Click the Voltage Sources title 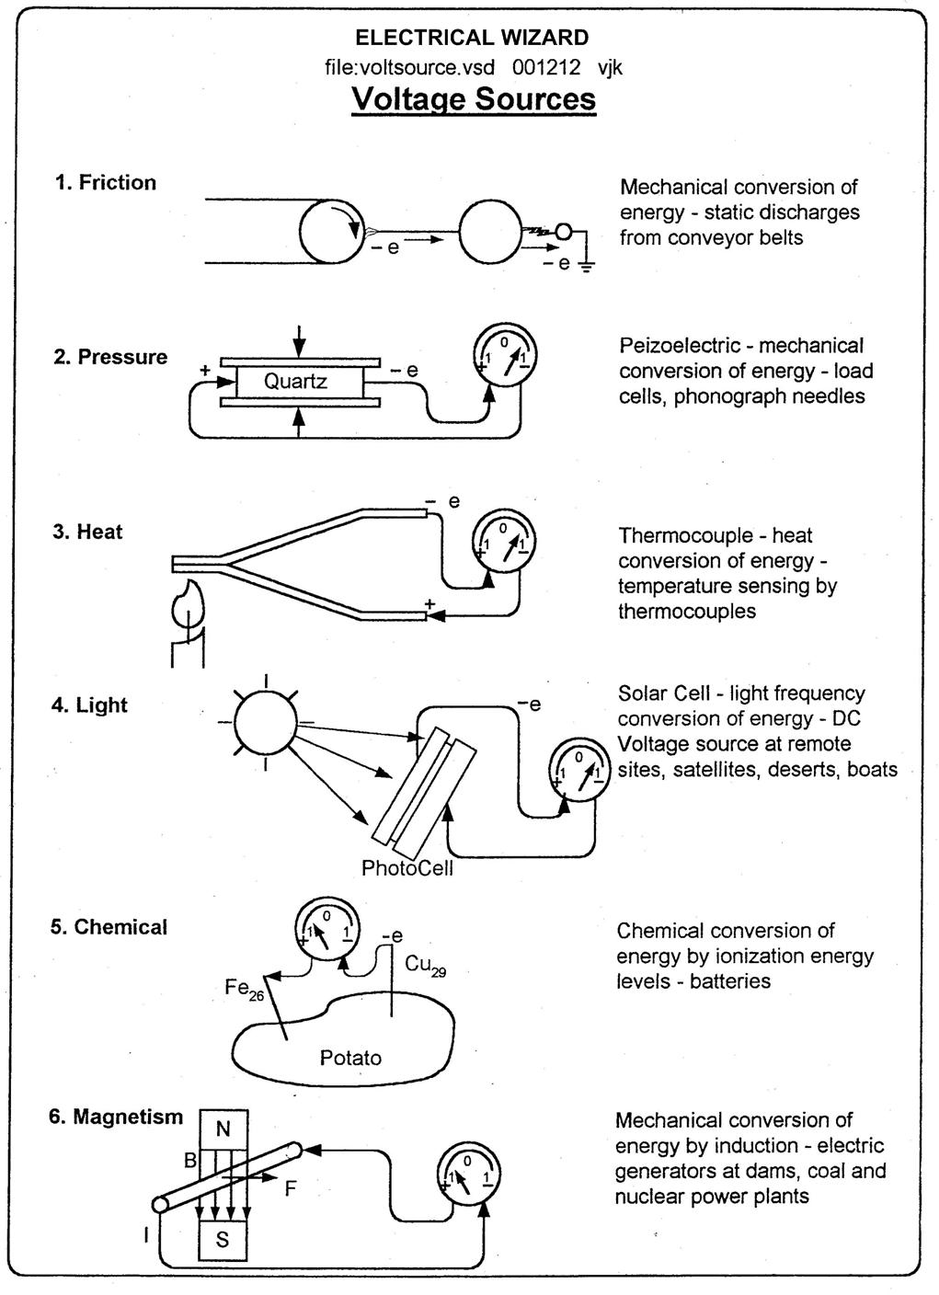[x=474, y=98]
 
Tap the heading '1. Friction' [x=105, y=182]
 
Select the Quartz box [x=295, y=381]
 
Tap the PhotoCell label [x=407, y=868]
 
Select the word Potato [x=350, y=1058]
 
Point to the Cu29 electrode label [x=425, y=965]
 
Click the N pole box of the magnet [x=223, y=1129]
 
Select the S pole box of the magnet [x=223, y=1239]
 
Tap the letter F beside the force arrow [x=291, y=1188]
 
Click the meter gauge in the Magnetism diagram [x=469, y=1172]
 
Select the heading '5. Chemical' [x=109, y=927]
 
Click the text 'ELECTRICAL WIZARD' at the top [x=472, y=38]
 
